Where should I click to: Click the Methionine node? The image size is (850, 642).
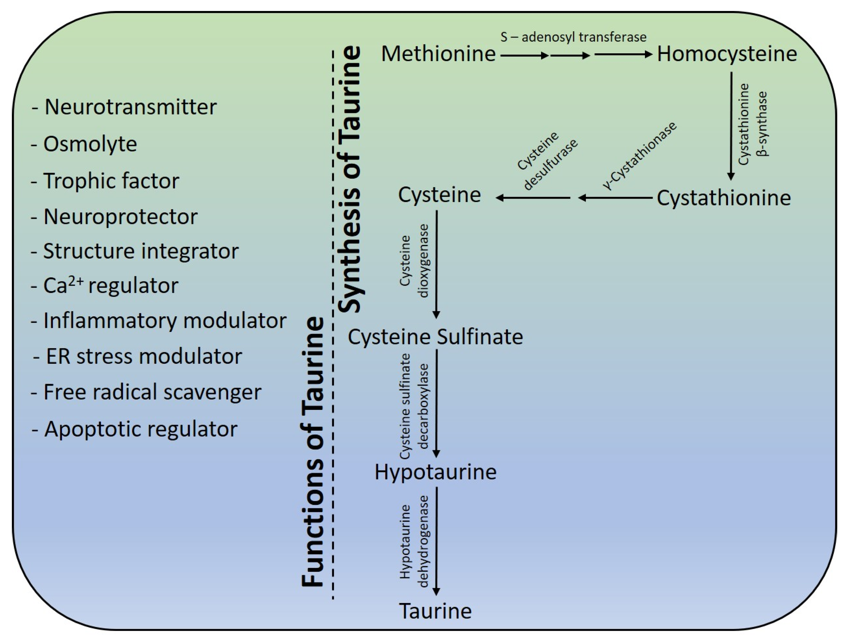(x=438, y=54)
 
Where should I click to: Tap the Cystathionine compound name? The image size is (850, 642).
(x=724, y=198)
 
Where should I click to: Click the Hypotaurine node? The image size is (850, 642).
(x=435, y=472)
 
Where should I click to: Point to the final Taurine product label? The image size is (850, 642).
(x=435, y=611)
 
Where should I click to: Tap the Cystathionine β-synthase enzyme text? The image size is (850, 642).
(x=753, y=124)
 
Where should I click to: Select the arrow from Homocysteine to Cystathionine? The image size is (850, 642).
(x=731, y=127)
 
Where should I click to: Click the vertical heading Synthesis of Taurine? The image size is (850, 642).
(x=350, y=179)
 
